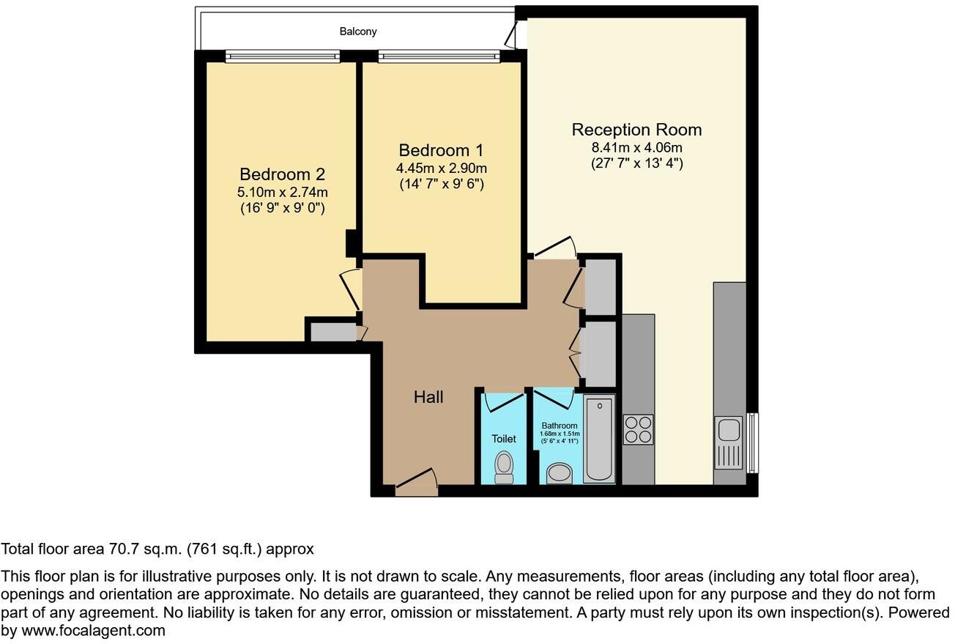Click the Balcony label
[x=358, y=32]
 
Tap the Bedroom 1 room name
[x=441, y=150]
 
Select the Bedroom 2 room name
[x=282, y=174]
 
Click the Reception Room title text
[x=636, y=130]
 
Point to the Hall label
[x=428, y=397]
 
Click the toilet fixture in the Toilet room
[x=504, y=467]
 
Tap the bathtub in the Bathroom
[x=600, y=439]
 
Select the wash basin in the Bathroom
[x=560, y=473]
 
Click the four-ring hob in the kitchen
[x=637, y=429]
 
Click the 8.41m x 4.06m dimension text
[x=636, y=148]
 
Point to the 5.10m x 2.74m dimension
[x=282, y=193]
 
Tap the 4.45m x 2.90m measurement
[x=441, y=169]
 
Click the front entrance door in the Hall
[x=416, y=484]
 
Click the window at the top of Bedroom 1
[x=439, y=56]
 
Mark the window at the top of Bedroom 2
[x=283, y=56]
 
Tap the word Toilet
[x=504, y=439]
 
